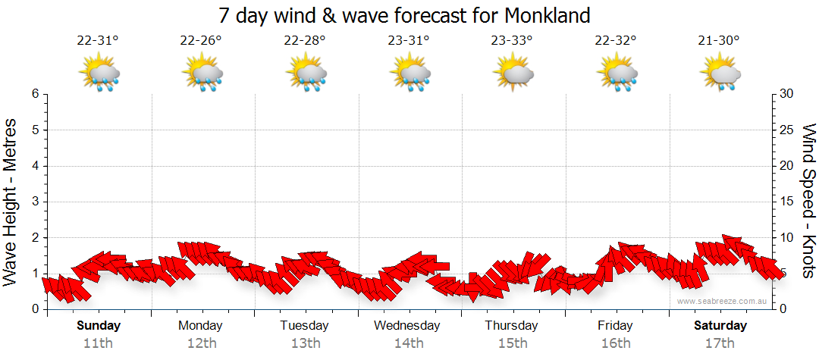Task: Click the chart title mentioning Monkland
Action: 403,15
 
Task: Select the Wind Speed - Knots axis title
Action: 807,202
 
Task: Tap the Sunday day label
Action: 98,326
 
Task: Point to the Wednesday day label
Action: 407,326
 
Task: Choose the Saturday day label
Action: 720,326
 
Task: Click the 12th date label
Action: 201,343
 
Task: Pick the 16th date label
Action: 615,343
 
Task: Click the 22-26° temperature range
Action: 201,41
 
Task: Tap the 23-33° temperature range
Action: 512,41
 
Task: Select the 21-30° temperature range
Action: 719,41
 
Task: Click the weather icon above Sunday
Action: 99,74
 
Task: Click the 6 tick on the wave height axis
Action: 34,94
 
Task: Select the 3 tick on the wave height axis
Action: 34,202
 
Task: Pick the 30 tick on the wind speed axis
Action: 787,94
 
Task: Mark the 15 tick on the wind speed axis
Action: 787,202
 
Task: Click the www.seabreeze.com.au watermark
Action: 723,301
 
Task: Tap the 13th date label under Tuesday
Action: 304,343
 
